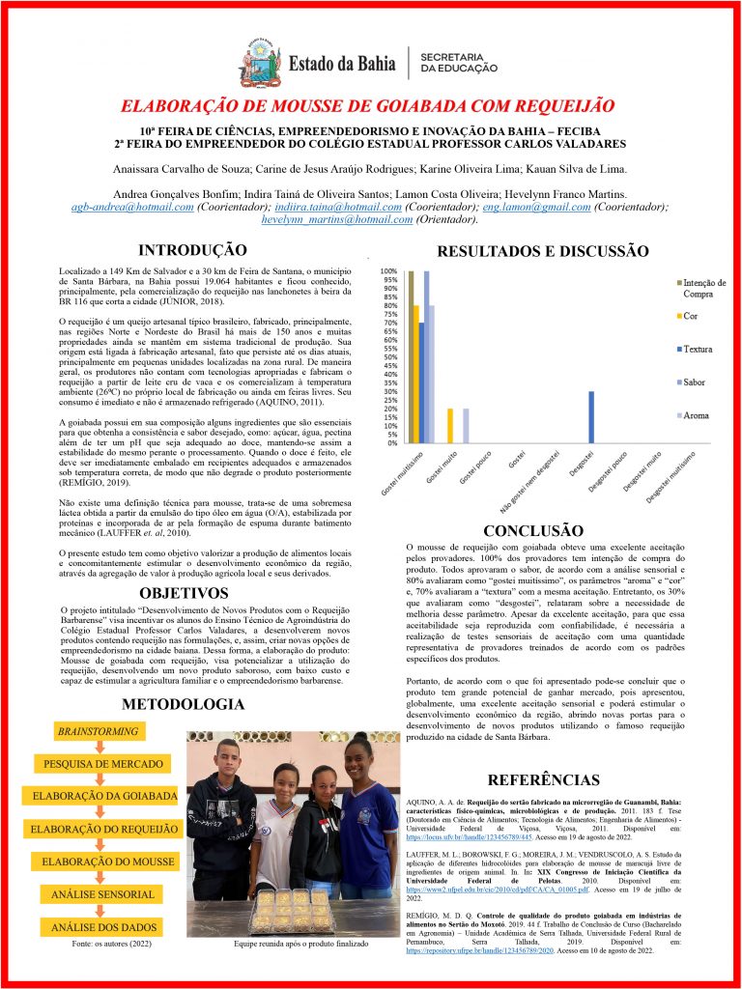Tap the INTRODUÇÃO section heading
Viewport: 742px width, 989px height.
(192, 250)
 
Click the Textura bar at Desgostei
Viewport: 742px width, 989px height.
(591, 416)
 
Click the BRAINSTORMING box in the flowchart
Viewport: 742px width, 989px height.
(98, 731)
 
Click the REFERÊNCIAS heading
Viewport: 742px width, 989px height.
(544, 779)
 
